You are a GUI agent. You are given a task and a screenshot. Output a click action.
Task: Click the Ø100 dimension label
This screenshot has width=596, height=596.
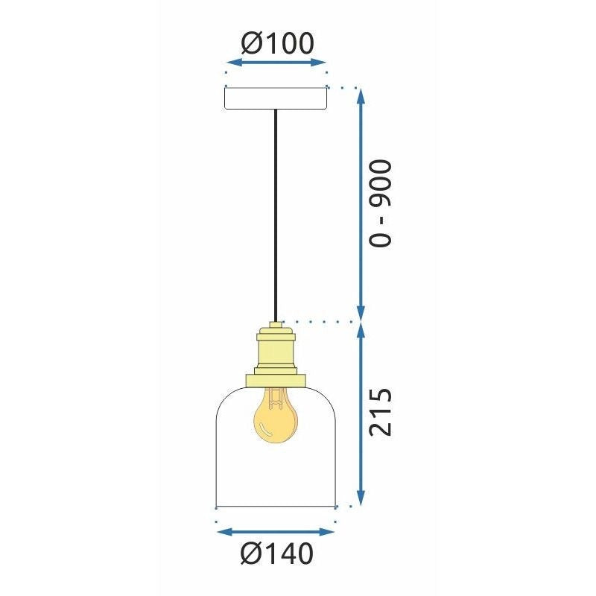coord(277,42)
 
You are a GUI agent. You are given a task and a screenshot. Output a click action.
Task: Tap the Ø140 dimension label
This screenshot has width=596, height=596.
coord(277,554)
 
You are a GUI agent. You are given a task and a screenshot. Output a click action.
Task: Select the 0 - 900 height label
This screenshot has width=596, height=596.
coord(381,203)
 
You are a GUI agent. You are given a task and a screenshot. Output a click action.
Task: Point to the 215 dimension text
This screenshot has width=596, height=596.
coord(381,413)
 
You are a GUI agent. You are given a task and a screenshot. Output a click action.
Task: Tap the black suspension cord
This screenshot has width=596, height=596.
coord(276,216)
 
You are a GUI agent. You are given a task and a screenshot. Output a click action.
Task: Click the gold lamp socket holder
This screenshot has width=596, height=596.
coord(276,350)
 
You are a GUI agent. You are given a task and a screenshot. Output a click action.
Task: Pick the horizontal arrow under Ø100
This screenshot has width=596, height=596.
coord(276,63)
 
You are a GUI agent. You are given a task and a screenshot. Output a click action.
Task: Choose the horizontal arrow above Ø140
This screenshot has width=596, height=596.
coord(276,532)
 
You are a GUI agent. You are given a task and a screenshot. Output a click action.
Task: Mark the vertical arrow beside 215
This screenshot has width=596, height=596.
coord(361,413)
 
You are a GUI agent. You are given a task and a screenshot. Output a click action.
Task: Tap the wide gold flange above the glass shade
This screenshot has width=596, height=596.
coord(276,381)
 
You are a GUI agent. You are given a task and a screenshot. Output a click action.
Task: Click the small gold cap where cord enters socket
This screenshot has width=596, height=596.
coord(276,326)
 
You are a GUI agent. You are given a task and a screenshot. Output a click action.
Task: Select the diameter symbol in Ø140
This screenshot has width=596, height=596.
coord(251,554)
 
